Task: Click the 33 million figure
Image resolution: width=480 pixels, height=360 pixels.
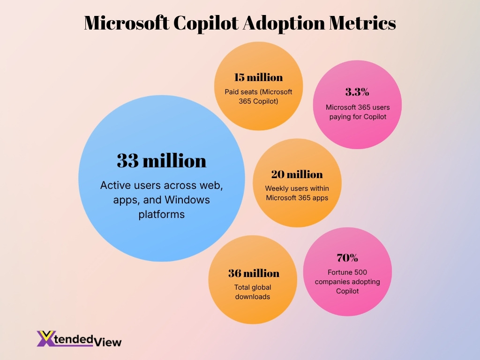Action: click(x=161, y=161)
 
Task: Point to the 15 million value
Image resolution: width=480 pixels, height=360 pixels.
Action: click(x=258, y=77)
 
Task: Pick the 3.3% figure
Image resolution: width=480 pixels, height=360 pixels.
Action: click(x=357, y=92)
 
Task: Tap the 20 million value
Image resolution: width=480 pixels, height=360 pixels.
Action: click(x=297, y=174)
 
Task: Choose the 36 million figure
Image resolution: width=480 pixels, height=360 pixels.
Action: click(x=254, y=273)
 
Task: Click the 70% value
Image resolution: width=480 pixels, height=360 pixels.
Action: click(x=347, y=257)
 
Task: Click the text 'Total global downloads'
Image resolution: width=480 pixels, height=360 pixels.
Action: click(x=253, y=292)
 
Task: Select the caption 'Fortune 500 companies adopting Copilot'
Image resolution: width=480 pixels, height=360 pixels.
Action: click(x=347, y=282)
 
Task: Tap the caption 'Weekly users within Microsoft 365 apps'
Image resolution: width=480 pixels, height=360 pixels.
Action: click(x=297, y=193)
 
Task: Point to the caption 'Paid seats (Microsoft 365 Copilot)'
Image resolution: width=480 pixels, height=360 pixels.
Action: click(x=258, y=96)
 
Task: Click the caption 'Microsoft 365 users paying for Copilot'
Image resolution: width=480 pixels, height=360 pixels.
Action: click(x=358, y=112)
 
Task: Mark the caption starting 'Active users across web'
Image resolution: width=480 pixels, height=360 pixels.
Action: click(x=161, y=200)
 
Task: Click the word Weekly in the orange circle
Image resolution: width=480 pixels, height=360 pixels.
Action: click(x=277, y=188)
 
